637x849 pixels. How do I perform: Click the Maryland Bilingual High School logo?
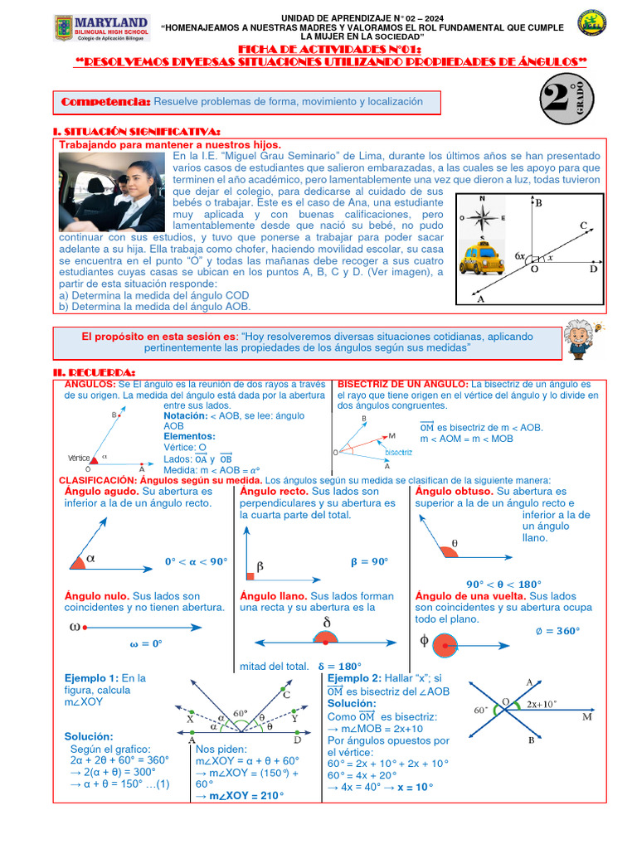coord(101,31)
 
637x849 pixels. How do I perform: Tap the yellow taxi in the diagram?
coord(481,257)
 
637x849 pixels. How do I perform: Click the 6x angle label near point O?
coord(520,256)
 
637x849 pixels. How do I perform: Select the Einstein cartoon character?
coord(577,339)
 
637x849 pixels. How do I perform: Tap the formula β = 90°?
coord(369,561)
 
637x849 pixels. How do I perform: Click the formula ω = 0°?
coord(145,643)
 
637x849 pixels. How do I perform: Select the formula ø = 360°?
coord(556,631)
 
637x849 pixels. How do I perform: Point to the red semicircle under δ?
coord(326,637)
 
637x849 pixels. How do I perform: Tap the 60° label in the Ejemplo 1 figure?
coord(241,712)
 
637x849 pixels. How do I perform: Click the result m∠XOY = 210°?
coord(238,796)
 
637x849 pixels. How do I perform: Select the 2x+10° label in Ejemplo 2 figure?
coord(541,704)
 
